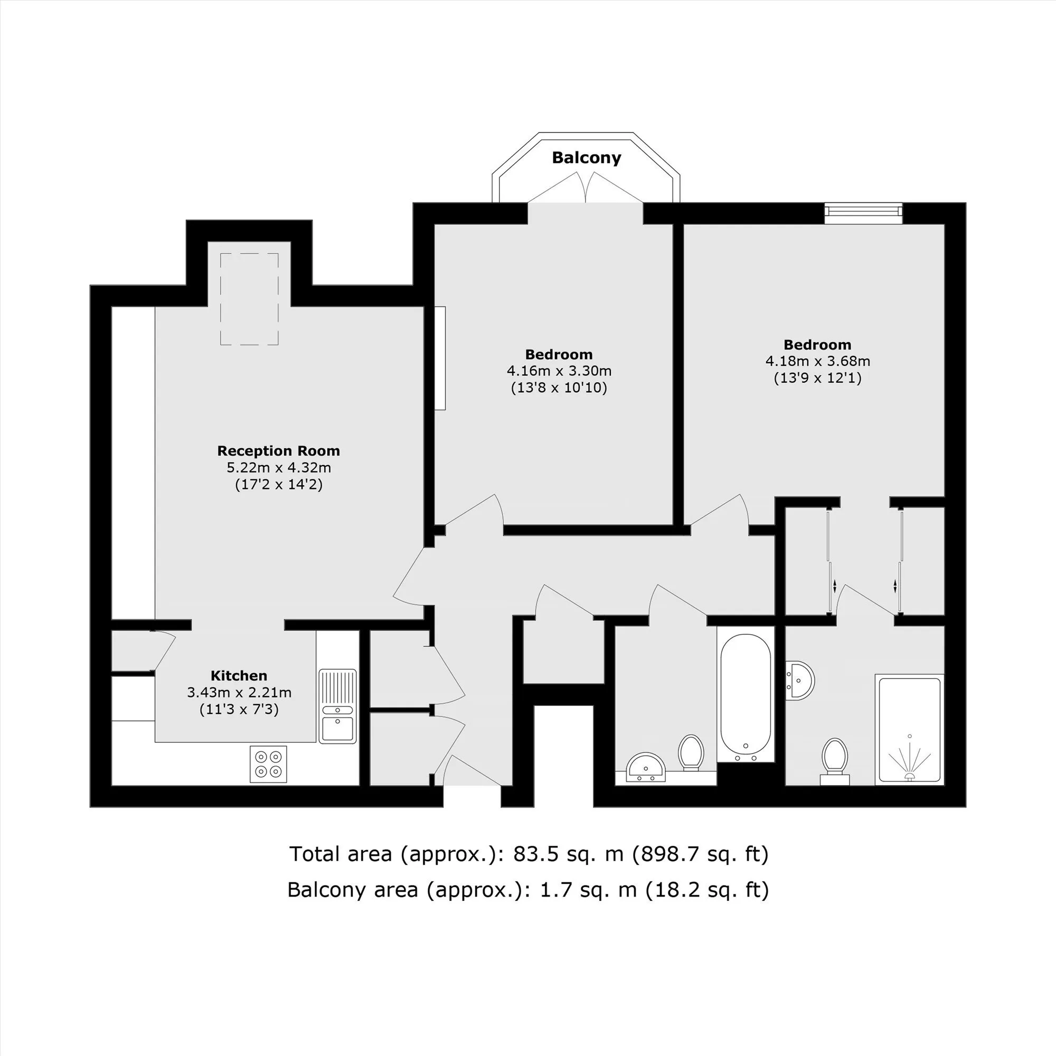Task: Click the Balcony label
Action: pyautogui.click(x=587, y=158)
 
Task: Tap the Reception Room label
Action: pyautogui.click(x=279, y=451)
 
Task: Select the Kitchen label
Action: pyautogui.click(x=239, y=676)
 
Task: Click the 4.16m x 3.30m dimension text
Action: pyautogui.click(x=559, y=371)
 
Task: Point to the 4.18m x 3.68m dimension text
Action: pyautogui.click(x=818, y=361)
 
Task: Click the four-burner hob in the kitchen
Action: pyautogui.click(x=268, y=763)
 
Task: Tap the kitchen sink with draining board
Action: pyautogui.click(x=338, y=706)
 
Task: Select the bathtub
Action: pyautogui.click(x=746, y=698)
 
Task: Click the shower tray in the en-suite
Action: pyautogui.click(x=910, y=730)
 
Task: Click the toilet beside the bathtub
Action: pyautogui.click(x=691, y=752)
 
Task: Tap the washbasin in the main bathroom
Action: pyautogui.click(x=646, y=767)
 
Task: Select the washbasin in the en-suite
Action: pyautogui.click(x=799, y=681)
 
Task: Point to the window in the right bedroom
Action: pyautogui.click(x=864, y=214)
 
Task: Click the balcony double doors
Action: pyautogui.click(x=586, y=187)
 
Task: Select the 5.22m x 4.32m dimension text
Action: pyautogui.click(x=279, y=468)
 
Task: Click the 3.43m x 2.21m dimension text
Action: pyautogui.click(x=239, y=693)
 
